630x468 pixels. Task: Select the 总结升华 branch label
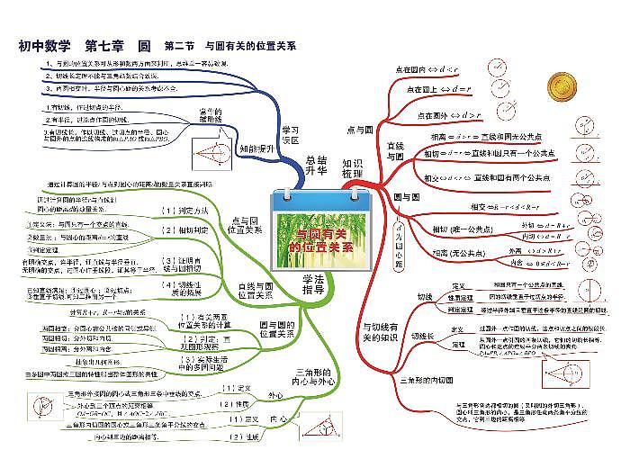316,165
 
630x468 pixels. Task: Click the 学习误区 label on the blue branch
290,134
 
